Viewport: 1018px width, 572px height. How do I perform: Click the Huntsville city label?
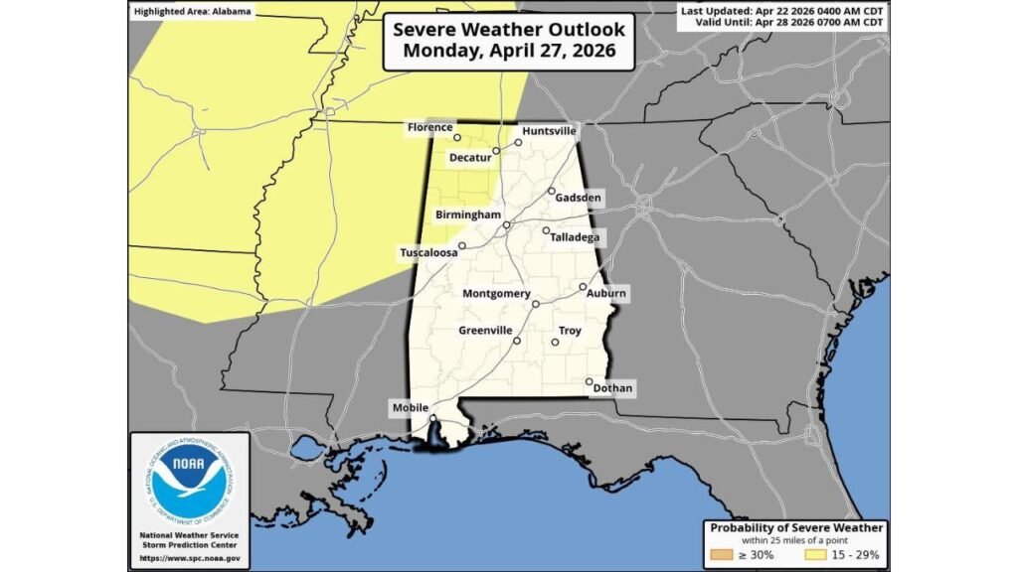coord(549,130)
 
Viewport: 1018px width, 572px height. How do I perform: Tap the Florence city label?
coord(429,127)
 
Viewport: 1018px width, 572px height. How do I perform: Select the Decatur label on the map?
coord(470,158)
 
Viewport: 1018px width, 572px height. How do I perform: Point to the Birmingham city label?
coord(466,214)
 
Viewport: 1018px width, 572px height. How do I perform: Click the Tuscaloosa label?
coord(428,252)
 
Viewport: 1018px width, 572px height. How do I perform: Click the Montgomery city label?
coord(496,293)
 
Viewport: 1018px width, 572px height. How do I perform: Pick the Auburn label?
coord(605,293)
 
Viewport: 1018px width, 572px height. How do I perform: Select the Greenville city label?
coord(485,330)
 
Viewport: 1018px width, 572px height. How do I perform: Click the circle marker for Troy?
coord(556,344)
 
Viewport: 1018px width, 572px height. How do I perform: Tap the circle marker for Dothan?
coord(590,381)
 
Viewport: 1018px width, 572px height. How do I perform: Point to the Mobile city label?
coord(411,407)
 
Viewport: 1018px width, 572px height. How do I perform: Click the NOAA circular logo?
coord(189,480)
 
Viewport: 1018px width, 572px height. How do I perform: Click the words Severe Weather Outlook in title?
coord(508,30)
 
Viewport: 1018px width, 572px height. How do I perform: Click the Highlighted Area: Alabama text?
coord(192,11)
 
